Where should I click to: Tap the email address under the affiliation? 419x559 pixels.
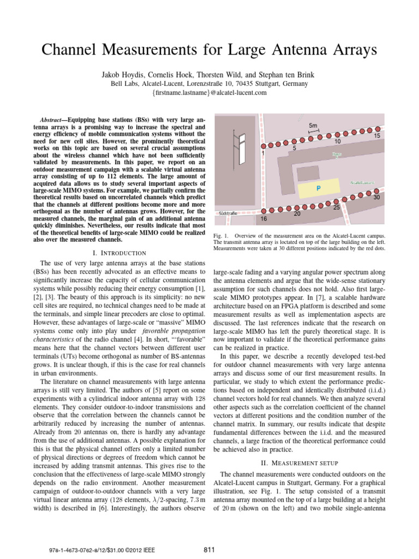(209, 93)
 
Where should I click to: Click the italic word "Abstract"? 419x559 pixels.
(53, 119)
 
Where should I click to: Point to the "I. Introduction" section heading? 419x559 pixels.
(121, 253)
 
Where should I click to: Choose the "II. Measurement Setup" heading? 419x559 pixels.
(300, 462)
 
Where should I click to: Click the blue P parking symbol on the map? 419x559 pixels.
(318, 188)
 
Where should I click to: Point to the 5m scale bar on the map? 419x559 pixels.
(314, 129)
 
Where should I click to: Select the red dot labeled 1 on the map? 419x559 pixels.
(263, 146)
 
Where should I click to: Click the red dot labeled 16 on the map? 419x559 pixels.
(264, 211)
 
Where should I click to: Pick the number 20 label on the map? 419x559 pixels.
(297, 215)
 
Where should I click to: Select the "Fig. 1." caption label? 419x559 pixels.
(222, 235)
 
